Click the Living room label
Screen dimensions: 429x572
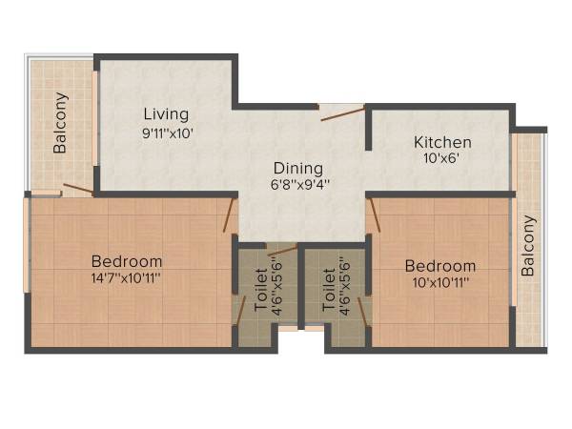coord(166,114)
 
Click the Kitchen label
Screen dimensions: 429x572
coord(441,143)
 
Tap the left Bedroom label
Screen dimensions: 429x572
coord(127,260)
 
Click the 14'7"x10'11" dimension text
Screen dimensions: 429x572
coord(127,278)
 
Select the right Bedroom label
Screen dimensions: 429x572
coord(439,265)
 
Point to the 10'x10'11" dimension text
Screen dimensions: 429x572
coord(439,283)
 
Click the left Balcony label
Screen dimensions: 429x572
coord(61,123)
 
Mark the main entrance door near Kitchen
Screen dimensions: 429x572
coord(342,114)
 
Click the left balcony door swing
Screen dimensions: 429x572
coord(78,188)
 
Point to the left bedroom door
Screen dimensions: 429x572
coord(228,217)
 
